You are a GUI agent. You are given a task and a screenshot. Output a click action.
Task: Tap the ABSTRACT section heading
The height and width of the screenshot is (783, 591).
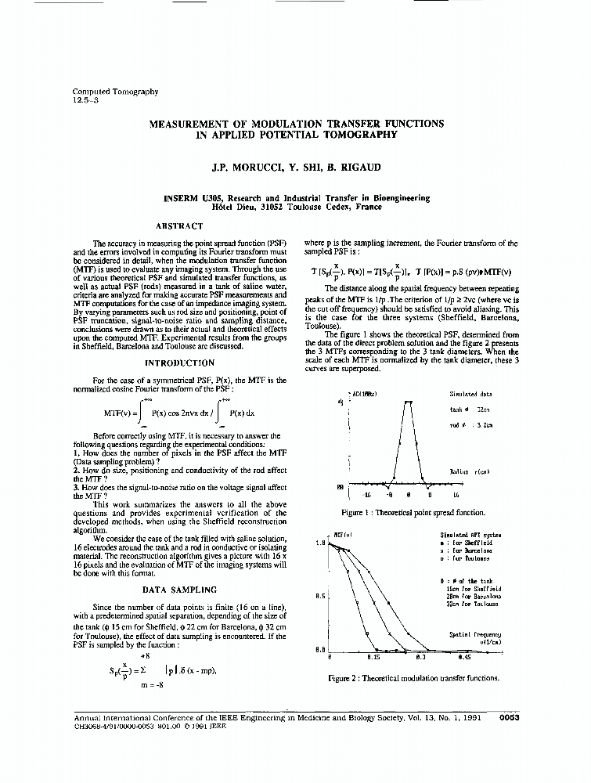pyautogui.click(x=180, y=226)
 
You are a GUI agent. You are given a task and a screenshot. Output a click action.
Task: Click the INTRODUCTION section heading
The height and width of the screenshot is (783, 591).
pyautogui.click(x=180, y=363)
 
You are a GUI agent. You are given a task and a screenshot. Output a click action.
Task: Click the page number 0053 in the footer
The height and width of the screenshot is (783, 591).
pyautogui.click(x=510, y=716)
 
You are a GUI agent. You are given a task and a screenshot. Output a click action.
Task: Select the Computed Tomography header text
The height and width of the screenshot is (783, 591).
pyautogui.click(x=115, y=91)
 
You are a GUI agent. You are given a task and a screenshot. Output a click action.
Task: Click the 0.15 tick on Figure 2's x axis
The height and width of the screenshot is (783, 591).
pyautogui.click(x=373, y=657)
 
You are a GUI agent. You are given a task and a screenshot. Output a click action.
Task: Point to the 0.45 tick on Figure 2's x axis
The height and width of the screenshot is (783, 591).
pyautogui.click(x=463, y=657)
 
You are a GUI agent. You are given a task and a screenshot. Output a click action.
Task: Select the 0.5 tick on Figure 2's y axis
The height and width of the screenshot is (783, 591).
pyautogui.click(x=320, y=596)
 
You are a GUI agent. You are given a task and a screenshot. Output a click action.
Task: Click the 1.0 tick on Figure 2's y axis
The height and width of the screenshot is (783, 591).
pyautogui.click(x=320, y=542)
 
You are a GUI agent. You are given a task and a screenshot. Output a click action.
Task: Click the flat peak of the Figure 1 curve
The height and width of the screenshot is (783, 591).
pyautogui.click(x=408, y=402)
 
